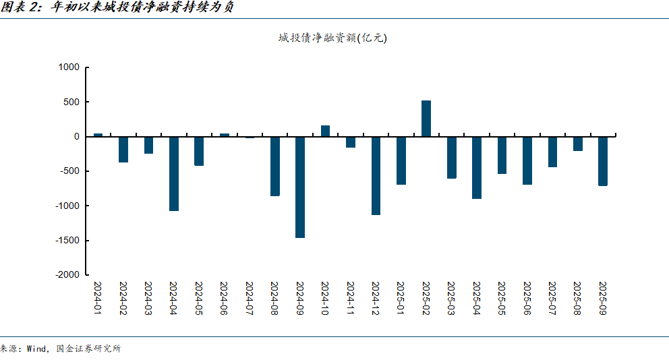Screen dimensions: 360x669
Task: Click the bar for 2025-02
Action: pos(426,119)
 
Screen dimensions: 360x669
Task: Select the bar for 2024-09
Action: pos(300,187)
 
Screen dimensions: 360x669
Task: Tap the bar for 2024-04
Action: pos(174,173)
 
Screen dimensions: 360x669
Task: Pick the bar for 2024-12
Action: pos(376,175)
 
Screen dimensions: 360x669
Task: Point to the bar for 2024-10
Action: pos(325,131)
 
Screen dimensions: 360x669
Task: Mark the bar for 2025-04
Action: pos(477,167)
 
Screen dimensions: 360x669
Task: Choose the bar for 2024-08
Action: pos(275,166)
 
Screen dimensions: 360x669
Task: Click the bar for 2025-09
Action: pos(603,160)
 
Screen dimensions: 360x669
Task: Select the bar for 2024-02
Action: pos(123,149)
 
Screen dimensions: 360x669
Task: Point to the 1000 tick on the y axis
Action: pos(69,67)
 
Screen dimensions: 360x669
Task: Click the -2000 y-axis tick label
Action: pos(67,275)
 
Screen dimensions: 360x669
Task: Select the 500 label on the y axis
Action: pos(72,102)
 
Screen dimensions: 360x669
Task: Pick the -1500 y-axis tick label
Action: pos(67,241)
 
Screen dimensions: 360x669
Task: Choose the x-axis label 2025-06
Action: pos(527,298)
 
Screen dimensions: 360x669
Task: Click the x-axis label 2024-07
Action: pos(250,298)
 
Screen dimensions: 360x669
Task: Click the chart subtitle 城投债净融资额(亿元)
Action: pos(332,38)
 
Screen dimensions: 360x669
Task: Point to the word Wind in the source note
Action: pos(36,349)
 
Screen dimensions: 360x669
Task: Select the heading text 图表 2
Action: pos(21,9)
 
